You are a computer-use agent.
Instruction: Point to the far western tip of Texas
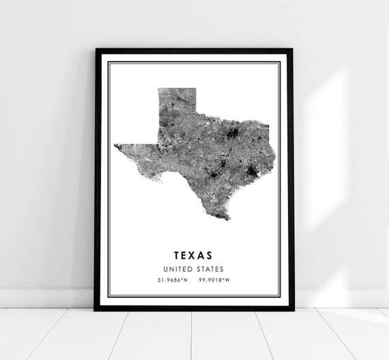point(116,145)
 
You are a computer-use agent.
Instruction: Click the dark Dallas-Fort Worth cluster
point(235,134)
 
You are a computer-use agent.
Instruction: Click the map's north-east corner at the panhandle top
point(196,89)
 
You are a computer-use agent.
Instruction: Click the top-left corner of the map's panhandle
point(158,89)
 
